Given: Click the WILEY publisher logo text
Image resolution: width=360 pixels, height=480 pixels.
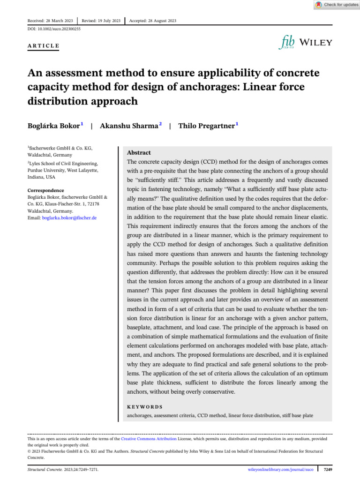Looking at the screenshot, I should (x=316, y=43).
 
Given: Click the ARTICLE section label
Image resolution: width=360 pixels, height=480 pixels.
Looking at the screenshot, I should (x=44, y=46).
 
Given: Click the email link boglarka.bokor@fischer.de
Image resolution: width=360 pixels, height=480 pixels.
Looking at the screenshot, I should (x=69, y=218).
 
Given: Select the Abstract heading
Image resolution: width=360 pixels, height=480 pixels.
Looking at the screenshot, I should (x=139, y=153).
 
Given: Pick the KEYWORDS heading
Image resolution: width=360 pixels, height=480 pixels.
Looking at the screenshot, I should (x=145, y=407).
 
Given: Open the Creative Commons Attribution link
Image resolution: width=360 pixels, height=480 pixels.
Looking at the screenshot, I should (x=149, y=439).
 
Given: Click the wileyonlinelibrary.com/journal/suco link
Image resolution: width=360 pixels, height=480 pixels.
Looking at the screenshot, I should (x=280, y=468).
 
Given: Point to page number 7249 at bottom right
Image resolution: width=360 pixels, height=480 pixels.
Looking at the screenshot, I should (x=328, y=468).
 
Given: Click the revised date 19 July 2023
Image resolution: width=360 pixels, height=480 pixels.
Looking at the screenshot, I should (x=101, y=21).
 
